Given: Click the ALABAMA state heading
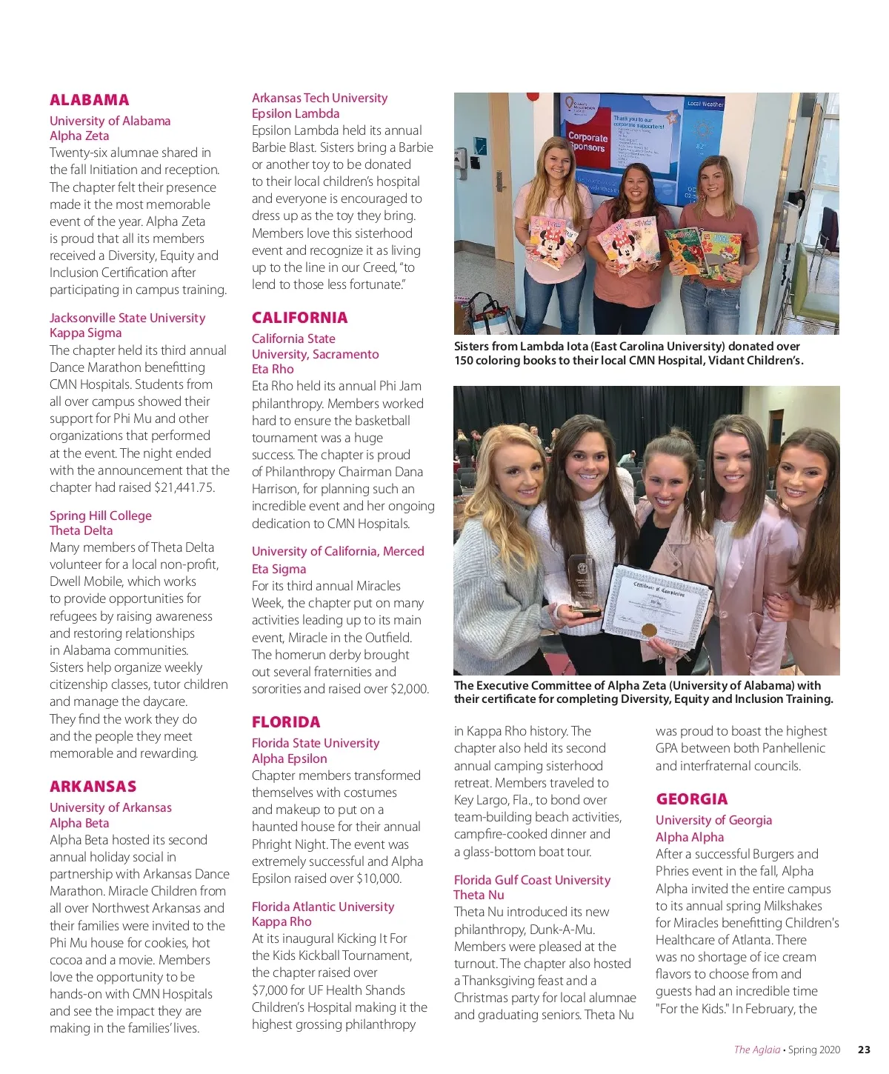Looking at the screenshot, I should pos(89,100).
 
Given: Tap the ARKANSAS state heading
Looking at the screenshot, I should pos(93,787).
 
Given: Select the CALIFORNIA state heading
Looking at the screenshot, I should pos(299,318).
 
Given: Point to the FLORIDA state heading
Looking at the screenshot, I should pos(286,722).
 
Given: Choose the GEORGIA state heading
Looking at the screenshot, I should pos(691,799).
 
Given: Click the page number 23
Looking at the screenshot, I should pos(864,1050).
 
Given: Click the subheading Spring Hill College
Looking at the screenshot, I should pos(100,516).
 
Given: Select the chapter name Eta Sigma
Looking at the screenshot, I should pos(279,569).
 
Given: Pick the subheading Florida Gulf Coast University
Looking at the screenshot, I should pos(532,880).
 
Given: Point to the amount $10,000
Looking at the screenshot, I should pos(379,878).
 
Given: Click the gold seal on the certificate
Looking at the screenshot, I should pos(649,630).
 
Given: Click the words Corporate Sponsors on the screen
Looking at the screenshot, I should pos(587,142).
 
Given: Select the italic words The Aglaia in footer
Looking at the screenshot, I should pos(756,1050).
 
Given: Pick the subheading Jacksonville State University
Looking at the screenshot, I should pos(127,318).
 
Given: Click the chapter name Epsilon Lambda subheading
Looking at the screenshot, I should pos(296,113).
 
